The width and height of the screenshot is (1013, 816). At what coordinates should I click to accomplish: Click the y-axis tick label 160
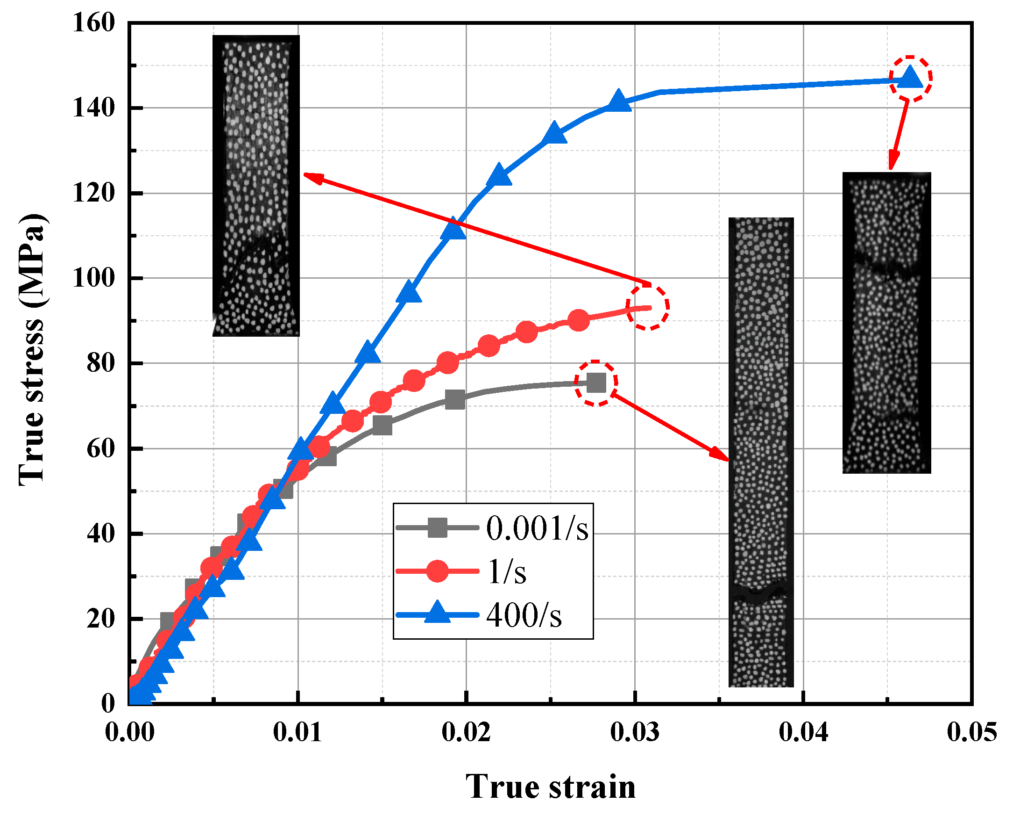[x=93, y=23]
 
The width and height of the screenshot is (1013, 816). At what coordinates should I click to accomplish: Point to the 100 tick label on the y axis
[x=93, y=278]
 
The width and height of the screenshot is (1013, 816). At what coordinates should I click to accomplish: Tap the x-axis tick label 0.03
[x=634, y=732]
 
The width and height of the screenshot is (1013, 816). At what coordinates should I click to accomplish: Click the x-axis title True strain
[x=550, y=787]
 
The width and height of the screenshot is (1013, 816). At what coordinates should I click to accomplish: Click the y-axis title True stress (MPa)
[x=32, y=349]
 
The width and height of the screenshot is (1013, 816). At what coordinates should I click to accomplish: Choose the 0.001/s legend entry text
[x=537, y=528]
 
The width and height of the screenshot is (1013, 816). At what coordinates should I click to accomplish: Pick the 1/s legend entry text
[x=507, y=572]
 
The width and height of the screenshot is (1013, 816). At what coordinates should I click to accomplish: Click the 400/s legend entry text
[x=524, y=615]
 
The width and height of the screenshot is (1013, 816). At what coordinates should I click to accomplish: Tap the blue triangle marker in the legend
[x=438, y=613]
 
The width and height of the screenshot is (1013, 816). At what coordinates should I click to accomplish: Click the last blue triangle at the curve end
[x=910, y=78]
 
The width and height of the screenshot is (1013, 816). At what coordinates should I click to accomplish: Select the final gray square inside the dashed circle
[x=596, y=383]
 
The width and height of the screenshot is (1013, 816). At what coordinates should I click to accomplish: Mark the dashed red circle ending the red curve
[x=647, y=307]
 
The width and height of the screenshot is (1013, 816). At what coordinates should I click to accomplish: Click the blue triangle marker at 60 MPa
[x=300, y=449]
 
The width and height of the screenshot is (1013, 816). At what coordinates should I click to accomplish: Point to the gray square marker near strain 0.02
[x=454, y=399]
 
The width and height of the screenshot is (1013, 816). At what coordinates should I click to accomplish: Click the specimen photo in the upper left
[x=255, y=185]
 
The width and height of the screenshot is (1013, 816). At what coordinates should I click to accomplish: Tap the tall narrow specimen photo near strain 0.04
[x=761, y=452]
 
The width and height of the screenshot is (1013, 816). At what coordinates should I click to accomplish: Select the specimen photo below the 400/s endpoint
[x=886, y=323]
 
